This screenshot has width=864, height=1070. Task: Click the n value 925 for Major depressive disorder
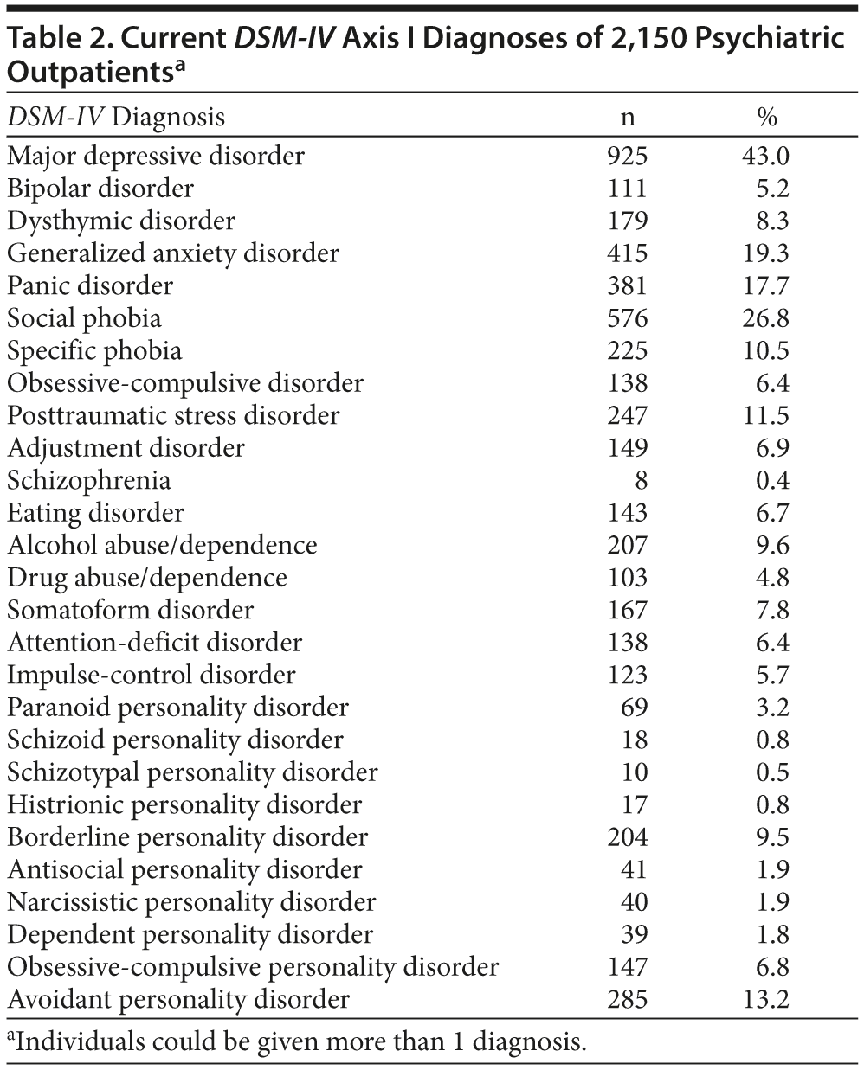coord(627,156)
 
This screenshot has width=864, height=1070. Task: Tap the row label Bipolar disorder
coord(100,189)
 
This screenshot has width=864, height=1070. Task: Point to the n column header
coord(629,118)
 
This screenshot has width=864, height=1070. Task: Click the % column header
coord(767,118)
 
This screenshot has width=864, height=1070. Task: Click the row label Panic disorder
coord(90,285)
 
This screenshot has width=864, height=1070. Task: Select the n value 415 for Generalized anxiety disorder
coord(627,253)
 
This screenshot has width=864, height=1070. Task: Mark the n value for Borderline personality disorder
coord(627,837)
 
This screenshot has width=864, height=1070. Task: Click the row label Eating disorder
coord(95,513)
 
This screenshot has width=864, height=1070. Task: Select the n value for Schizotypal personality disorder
coord(635,772)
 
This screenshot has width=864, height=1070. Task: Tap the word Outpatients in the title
coord(87,73)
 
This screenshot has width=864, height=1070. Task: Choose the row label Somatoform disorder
coord(130,610)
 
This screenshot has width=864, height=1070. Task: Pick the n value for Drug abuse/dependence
coord(627,578)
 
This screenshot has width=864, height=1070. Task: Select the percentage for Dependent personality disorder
coord(770,934)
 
